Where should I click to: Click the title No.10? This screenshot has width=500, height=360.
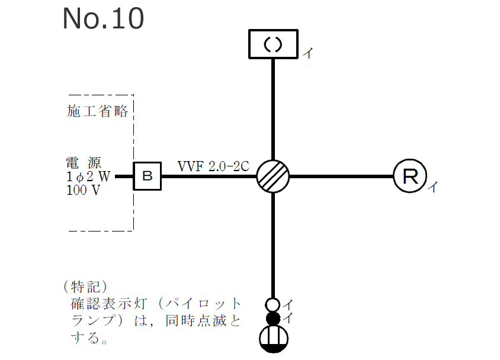click(103, 19)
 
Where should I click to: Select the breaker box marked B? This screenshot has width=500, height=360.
click(148, 176)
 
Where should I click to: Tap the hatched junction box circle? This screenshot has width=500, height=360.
click(273, 176)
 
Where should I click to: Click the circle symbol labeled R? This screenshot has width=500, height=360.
click(409, 176)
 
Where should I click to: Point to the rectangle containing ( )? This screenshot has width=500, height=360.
click(273, 45)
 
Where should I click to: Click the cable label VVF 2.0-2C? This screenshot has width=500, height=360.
click(213, 166)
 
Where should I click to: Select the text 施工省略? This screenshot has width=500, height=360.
click(98, 112)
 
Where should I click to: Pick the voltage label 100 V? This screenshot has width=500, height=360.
click(84, 190)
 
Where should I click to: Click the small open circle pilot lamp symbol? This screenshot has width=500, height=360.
click(273, 304)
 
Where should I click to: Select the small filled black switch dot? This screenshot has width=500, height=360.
click(273, 319)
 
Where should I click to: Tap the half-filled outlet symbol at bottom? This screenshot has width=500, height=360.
click(273, 340)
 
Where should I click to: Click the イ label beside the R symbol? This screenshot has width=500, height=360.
click(433, 187)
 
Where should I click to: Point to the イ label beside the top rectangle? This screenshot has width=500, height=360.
click(307, 53)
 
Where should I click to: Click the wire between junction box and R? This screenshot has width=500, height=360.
click(341, 176)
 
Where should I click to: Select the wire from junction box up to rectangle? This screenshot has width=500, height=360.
click(273, 109)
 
